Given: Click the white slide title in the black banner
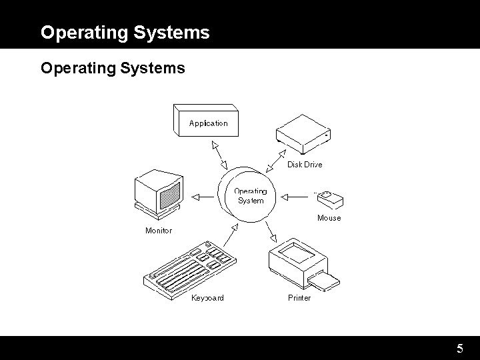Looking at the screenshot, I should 125,32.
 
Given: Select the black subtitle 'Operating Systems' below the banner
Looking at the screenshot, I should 113,68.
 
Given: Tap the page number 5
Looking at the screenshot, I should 460,349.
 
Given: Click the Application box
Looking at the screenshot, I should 207,123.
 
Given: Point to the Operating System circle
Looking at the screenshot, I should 249,196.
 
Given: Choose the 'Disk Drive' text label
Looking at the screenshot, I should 305,165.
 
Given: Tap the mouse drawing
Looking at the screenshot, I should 329,199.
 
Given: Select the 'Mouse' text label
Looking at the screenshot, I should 329,218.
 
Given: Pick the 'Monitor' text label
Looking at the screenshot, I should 159,231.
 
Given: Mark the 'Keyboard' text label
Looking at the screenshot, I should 207,298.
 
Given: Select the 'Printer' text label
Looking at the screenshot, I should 299,298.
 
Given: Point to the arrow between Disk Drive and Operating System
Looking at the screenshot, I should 273,159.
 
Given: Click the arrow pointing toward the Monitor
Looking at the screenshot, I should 203,196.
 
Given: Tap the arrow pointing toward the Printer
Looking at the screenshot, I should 271,231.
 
